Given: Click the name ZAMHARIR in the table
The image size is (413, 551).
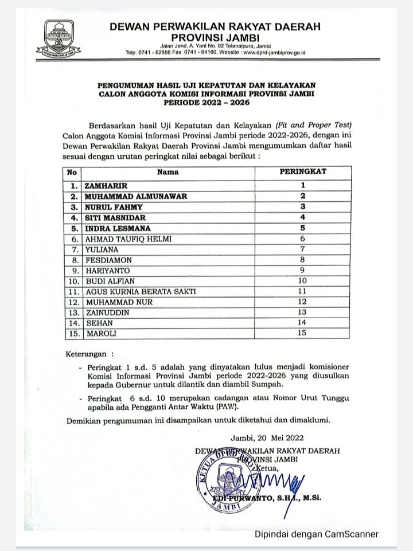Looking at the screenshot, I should tap(104, 186).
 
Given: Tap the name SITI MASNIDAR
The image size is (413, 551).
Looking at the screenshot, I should tap(115, 218).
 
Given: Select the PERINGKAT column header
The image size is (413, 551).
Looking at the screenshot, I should tap(302, 171).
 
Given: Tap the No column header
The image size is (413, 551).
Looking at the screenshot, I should tap(72, 171).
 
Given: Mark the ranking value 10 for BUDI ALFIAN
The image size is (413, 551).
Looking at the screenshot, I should tap(302, 281).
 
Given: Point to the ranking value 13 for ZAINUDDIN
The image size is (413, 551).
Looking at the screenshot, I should tap(302, 312).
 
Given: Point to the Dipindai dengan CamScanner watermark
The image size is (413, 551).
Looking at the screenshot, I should tap(317, 534).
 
